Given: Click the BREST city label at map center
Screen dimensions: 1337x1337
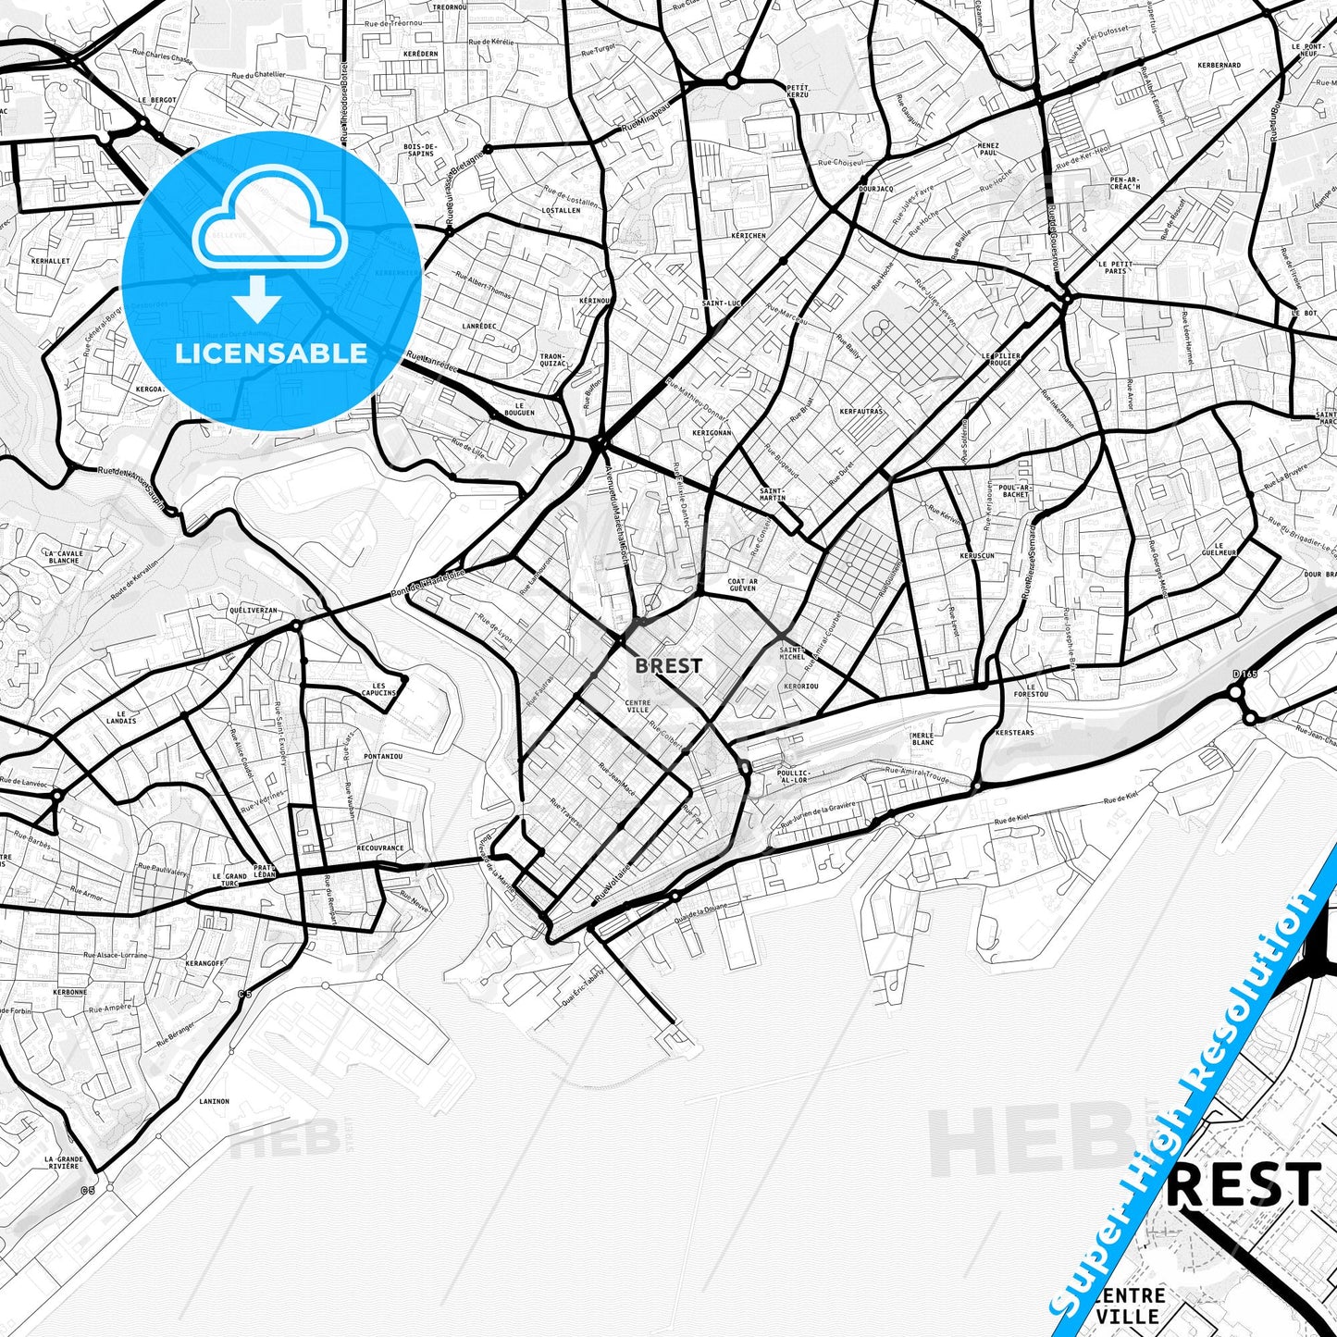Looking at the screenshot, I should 668,665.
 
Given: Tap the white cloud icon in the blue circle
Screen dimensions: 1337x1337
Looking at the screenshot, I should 269,224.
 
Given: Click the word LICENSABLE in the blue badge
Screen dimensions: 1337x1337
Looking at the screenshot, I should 271,353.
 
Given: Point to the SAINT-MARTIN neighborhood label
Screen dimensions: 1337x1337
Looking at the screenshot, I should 772,494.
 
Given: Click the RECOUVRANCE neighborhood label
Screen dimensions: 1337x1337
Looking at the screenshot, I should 379,848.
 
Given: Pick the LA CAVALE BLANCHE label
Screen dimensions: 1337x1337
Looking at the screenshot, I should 63,557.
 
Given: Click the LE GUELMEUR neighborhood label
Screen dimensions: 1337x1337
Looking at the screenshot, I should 1225,550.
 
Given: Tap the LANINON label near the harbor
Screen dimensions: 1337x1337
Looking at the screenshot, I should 214,1101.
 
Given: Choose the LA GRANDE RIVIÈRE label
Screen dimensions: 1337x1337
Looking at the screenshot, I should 64,1163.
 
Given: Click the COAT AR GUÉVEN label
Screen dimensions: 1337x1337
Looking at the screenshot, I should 742,585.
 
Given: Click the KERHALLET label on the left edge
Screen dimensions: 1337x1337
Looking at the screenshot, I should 50,261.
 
